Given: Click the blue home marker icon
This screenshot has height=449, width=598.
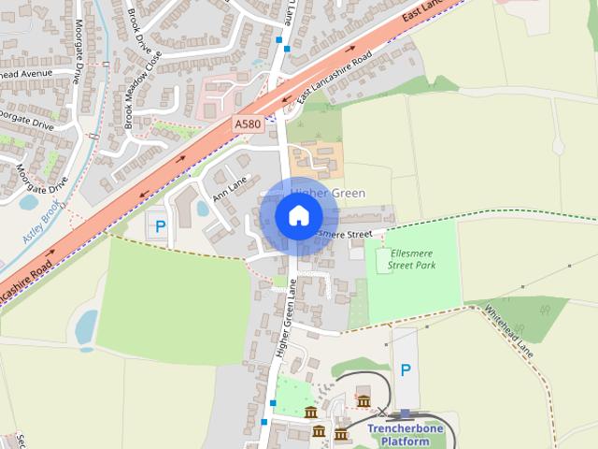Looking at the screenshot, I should pos(297,215).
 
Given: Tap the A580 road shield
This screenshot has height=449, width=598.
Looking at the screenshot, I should pos(248,123).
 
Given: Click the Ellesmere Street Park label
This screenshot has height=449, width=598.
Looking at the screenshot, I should pos(412,259).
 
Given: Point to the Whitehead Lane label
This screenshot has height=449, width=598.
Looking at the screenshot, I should pos(508,330).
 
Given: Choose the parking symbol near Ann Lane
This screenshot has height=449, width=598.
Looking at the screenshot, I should pos(160,226).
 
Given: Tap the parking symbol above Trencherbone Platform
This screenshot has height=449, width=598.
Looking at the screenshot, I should pos(405,370).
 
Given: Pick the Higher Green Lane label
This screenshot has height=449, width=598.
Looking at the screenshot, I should pos(287,321).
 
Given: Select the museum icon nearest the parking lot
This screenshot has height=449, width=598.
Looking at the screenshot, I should pos(363,401).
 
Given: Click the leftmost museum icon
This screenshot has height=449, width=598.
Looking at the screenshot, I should pos(310,413).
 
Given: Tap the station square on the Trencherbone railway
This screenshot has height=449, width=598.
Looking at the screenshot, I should pos(405,413).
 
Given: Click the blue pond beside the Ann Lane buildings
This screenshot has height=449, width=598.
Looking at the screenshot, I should pos(203,208).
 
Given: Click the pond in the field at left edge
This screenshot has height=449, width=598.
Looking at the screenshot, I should pos(86,327).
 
